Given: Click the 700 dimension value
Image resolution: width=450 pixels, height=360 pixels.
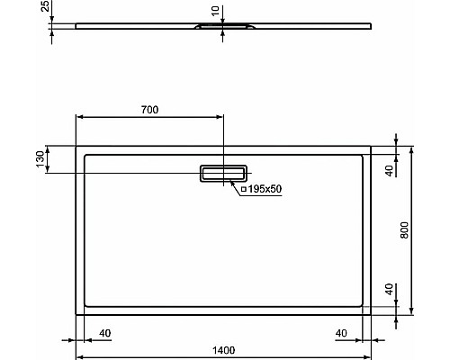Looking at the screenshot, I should click(149, 110).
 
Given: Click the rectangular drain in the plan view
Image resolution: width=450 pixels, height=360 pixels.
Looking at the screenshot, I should click(223, 173).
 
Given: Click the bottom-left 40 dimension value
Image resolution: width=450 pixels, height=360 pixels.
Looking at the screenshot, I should click(104, 333).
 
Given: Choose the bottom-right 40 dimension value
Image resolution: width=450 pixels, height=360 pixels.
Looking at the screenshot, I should click(341, 333).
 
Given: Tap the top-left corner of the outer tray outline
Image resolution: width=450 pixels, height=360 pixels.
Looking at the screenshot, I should click(76, 144).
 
